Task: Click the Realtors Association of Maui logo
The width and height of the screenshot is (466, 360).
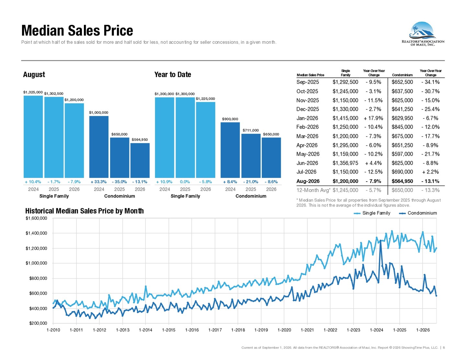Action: pos(423,34)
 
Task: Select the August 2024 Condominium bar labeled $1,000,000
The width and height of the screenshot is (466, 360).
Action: pos(99,147)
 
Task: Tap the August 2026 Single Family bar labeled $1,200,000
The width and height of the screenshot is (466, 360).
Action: pos(74,141)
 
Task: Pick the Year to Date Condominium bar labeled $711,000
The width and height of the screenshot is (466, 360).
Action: pos(251,156)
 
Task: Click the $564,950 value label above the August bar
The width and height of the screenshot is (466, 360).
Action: pos(140,140)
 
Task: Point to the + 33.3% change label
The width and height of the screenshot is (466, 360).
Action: pos(98,182)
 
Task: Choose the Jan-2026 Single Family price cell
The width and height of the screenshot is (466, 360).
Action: pos(345,118)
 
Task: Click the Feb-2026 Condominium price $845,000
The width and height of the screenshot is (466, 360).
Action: pos(402,127)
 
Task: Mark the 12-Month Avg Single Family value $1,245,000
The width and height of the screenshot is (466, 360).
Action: pos(345,190)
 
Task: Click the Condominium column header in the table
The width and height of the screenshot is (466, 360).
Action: pos(402,75)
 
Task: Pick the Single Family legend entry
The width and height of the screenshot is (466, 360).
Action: pos(372,213)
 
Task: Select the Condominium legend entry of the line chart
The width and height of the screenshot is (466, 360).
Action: pos(418,213)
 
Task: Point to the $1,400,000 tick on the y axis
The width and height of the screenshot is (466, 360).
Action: pos(36,233)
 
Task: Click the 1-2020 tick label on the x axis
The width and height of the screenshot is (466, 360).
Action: pos(284,330)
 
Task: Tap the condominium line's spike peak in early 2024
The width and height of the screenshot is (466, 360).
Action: pos(381,241)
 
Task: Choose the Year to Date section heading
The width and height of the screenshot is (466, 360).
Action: pos(173,74)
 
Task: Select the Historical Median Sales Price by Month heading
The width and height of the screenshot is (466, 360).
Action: pos(85,211)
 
